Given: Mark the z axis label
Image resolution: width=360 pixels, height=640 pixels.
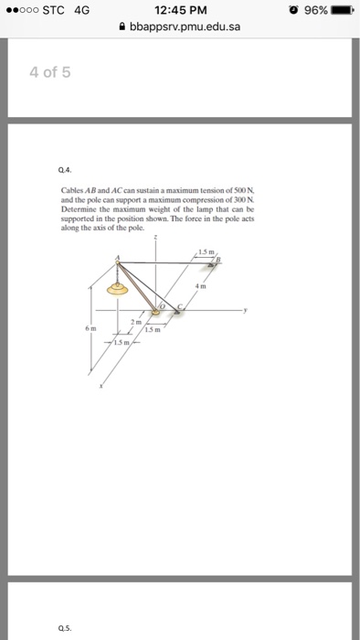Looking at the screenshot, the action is click(x=155, y=237).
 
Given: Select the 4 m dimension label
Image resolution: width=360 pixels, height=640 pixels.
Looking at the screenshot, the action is click(x=217, y=286).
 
